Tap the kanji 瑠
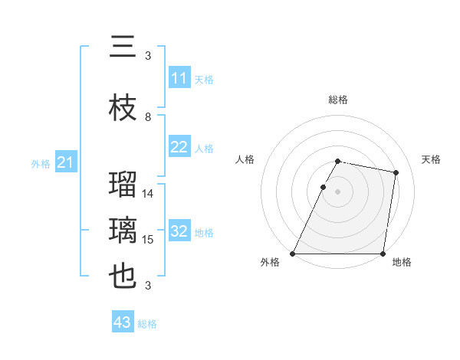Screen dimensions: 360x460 click(123, 185)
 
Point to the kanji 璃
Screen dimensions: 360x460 click(123, 231)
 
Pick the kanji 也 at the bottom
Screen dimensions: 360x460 click(123, 277)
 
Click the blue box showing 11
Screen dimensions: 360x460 click(179, 79)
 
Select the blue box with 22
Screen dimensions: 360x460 click(179, 148)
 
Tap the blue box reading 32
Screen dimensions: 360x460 click(179, 232)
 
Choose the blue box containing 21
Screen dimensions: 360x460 click(66, 162)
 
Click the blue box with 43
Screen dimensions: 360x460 click(123, 322)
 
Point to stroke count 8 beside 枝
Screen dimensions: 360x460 click(148, 117)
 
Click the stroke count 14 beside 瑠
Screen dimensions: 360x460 click(148, 194)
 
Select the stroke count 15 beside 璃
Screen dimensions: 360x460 click(148, 240)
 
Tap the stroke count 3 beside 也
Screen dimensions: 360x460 click(148, 286)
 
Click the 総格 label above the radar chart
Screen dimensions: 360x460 click(338, 100)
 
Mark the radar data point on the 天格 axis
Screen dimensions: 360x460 click(396, 173)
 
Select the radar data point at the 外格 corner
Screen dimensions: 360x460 click(293, 254)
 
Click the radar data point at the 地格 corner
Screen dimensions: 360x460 click(383, 254)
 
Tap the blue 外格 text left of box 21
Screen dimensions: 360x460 click(41, 163)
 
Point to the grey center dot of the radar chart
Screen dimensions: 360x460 click(338, 191)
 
